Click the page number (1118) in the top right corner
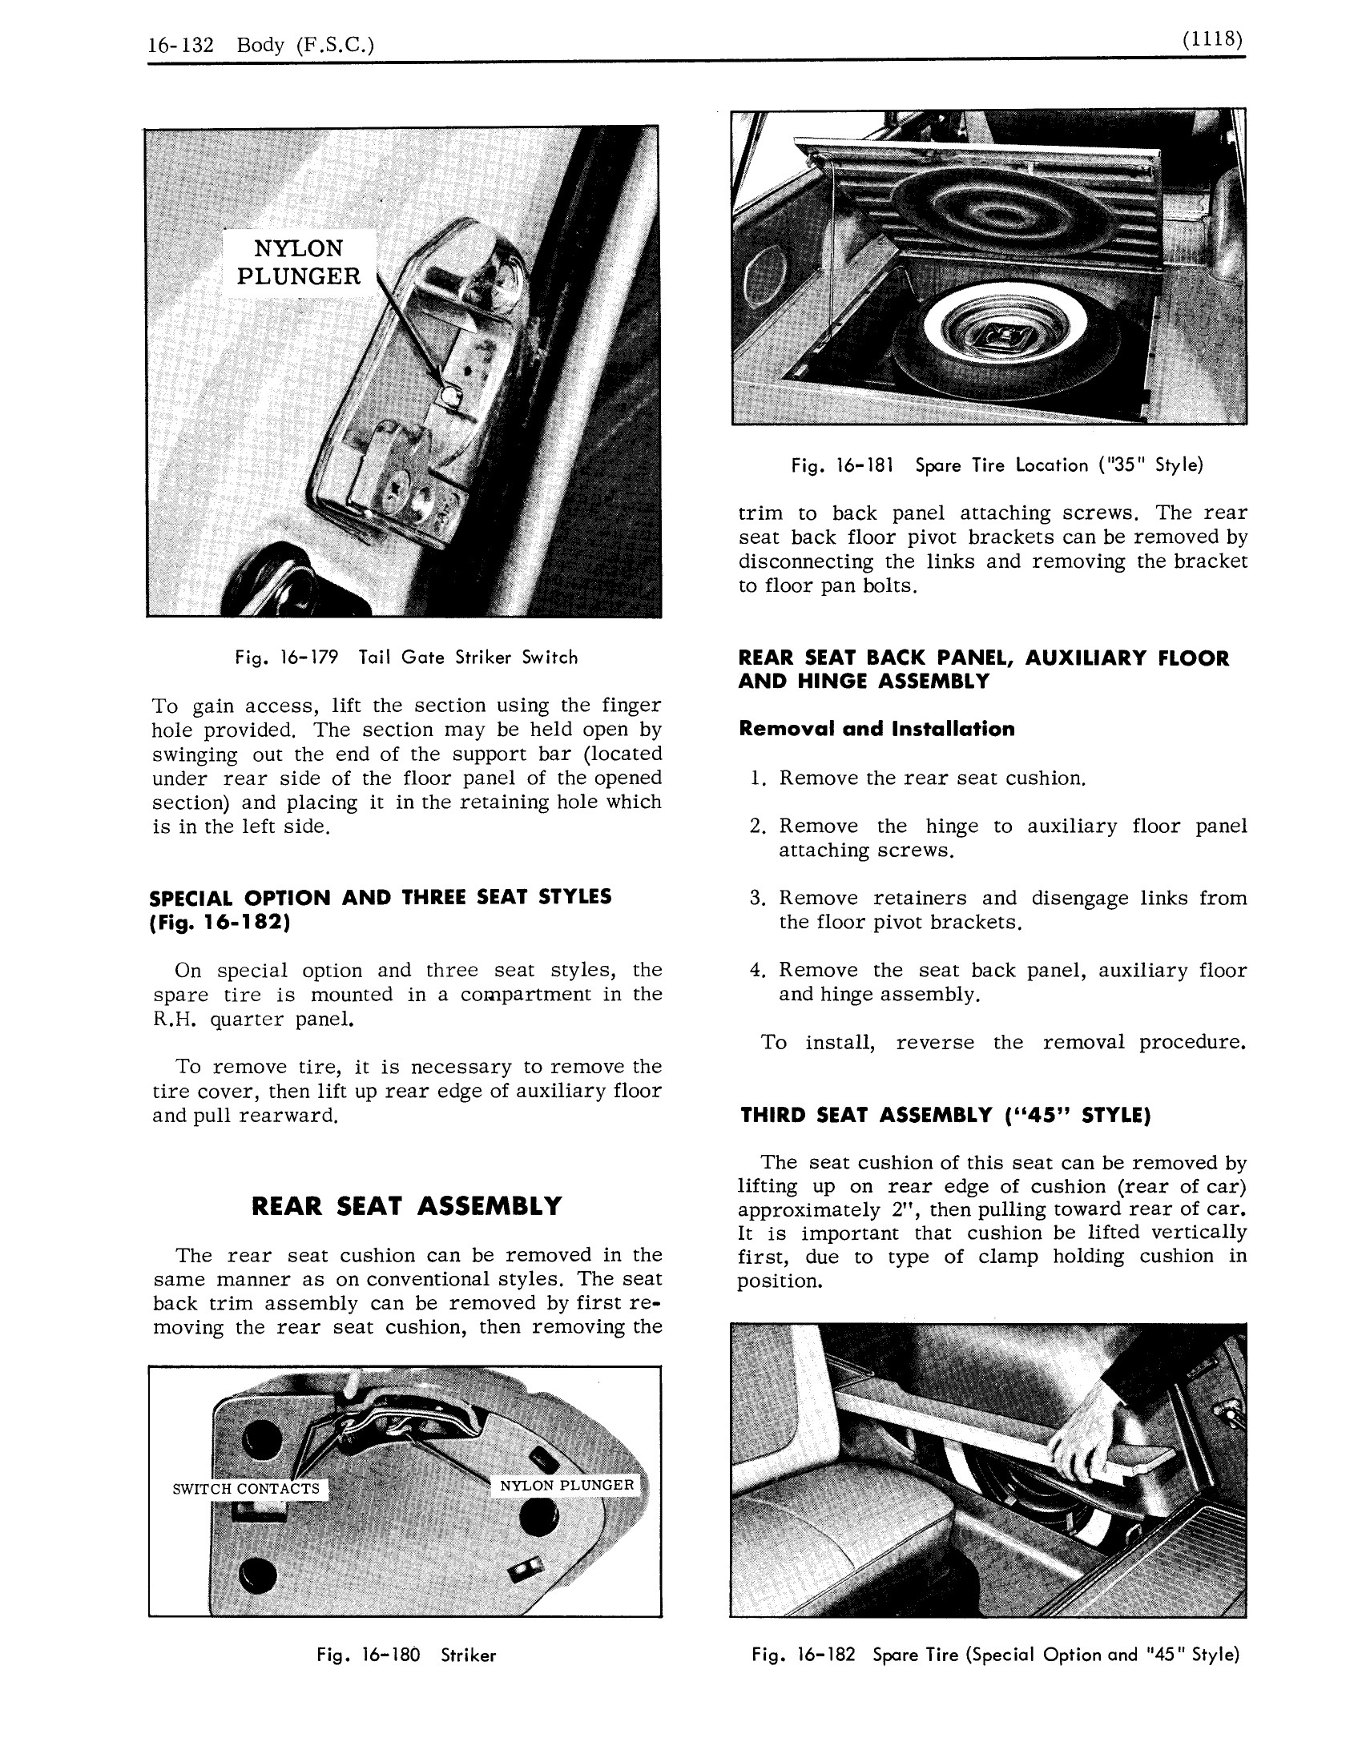click(1211, 39)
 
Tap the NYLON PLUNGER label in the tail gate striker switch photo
click(298, 263)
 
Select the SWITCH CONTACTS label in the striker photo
click(246, 1490)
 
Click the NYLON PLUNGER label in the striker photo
click(566, 1485)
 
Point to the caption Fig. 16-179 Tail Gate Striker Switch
click(406, 658)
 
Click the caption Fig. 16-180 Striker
click(406, 1655)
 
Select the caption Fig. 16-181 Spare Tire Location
click(997, 465)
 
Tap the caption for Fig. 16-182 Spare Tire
click(995, 1655)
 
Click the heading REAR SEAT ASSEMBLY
click(407, 1206)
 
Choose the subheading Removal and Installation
click(876, 729)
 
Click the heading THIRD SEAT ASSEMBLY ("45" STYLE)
click(945, 1115)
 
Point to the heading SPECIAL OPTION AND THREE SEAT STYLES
click(381, 897)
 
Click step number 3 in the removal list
click(756, 899)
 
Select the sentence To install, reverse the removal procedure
click(1003, 1042)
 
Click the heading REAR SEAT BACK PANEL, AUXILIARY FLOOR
click(984, 658)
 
